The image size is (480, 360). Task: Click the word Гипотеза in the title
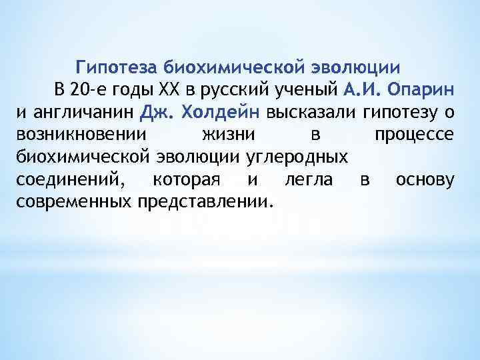116,67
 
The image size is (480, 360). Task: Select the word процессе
414,134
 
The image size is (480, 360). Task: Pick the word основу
425,179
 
